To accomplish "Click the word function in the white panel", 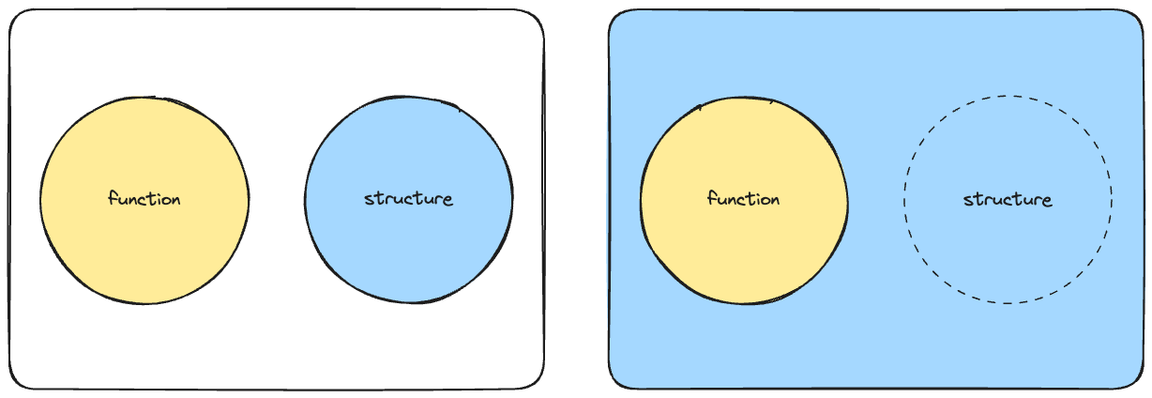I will coord(144,199).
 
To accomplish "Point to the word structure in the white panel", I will coord(409,199).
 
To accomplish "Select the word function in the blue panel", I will coord(744,199).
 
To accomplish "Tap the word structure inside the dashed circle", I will coord(1008,200).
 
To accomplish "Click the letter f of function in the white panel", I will coord(112,198).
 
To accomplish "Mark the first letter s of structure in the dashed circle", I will coord(967,201).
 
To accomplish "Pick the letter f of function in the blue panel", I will coord(711,198).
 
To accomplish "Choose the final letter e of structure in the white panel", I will coord(447,200).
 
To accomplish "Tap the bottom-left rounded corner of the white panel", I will coord(16,381).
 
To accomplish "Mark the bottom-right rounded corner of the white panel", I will coord(537,381).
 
